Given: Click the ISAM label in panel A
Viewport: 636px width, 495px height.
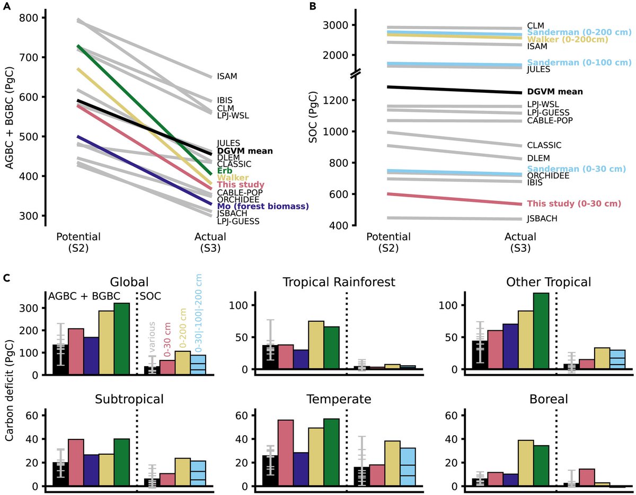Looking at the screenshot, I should pyautogui.click(x=227, y=76).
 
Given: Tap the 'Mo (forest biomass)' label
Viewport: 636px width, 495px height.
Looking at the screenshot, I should pyautogui.click(x=263, y=206).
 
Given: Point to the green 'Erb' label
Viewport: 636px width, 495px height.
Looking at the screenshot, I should pyautogui.click(x=225, y=171).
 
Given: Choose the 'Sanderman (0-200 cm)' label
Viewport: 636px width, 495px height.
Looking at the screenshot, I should pyautogui.click(x=579, y=32).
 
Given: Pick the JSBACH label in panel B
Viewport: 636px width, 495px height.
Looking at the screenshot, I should pyautogui.click(x=542, y=218).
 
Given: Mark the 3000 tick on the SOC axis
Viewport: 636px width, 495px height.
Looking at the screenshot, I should pyautogui.click(x=344, y=25).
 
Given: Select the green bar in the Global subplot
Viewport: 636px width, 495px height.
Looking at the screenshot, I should pyautogui.click(x=121, y=339).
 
